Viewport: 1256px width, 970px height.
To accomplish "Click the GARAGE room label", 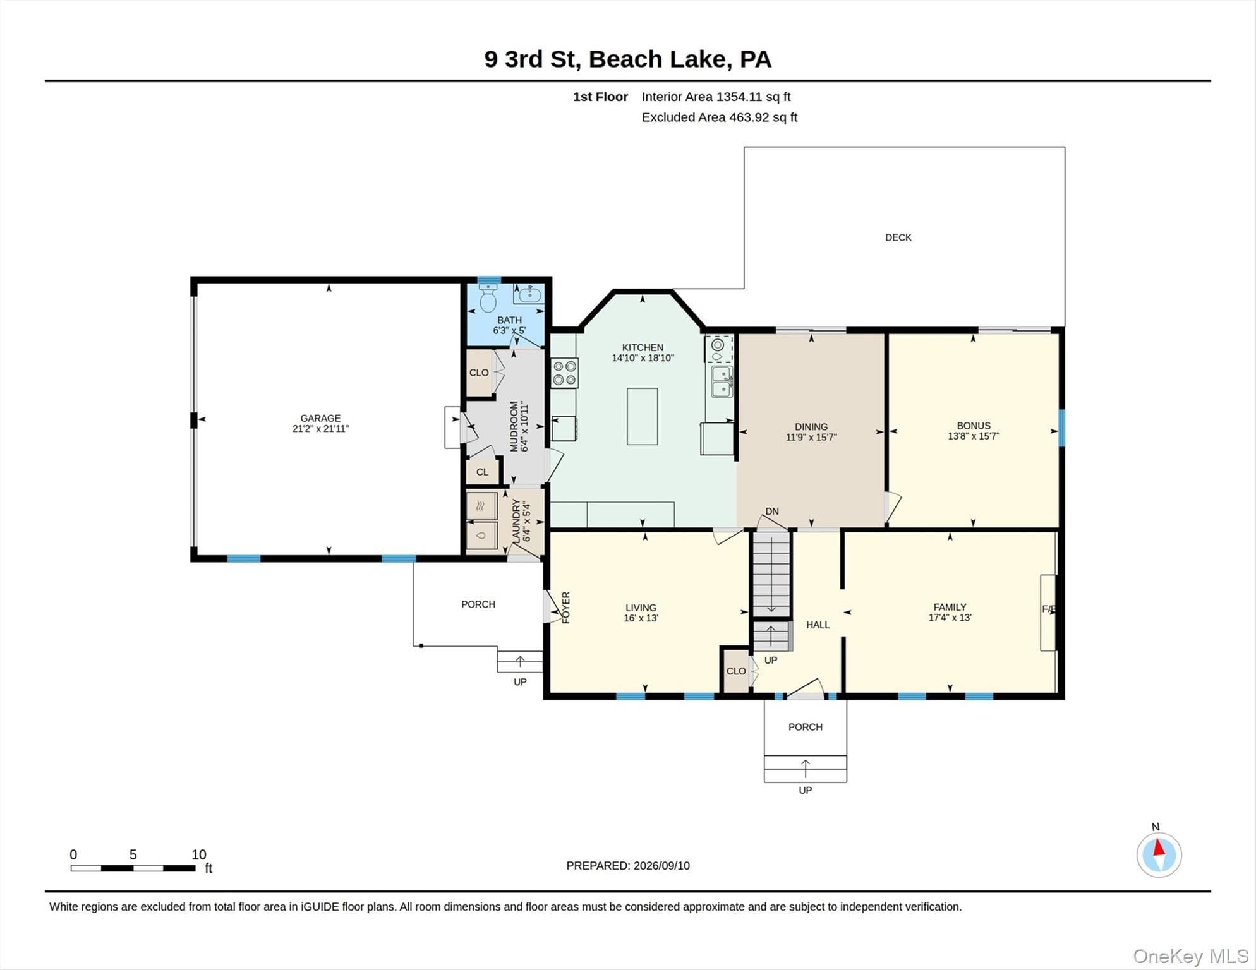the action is coord(320,418).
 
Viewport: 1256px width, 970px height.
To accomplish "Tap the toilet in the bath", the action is coord(488,298).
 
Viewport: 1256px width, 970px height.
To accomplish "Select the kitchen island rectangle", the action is coord(642,416).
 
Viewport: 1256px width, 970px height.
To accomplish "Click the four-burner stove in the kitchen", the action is coord(564,373).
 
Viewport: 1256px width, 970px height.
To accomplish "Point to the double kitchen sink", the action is coord(722,381).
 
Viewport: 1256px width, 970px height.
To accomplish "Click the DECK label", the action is coord(898,237).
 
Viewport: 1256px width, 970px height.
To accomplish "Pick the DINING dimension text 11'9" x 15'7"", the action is coord(811,437).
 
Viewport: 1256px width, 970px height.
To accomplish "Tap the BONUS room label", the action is coord(974,426).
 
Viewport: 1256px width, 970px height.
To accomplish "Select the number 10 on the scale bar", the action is coord(199,854).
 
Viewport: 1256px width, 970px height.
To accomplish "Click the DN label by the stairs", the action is coord(772,512).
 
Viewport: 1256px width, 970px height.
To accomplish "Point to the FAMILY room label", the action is coord(950,607).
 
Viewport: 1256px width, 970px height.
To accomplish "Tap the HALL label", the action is coord(818,625).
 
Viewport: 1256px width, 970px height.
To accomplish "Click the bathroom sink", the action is coord(529,294).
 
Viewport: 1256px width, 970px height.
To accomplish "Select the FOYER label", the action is coord(566,608).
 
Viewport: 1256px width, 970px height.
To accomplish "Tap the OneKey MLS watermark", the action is coord(1190,956).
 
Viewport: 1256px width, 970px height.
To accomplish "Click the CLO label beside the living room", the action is coord(736,671).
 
